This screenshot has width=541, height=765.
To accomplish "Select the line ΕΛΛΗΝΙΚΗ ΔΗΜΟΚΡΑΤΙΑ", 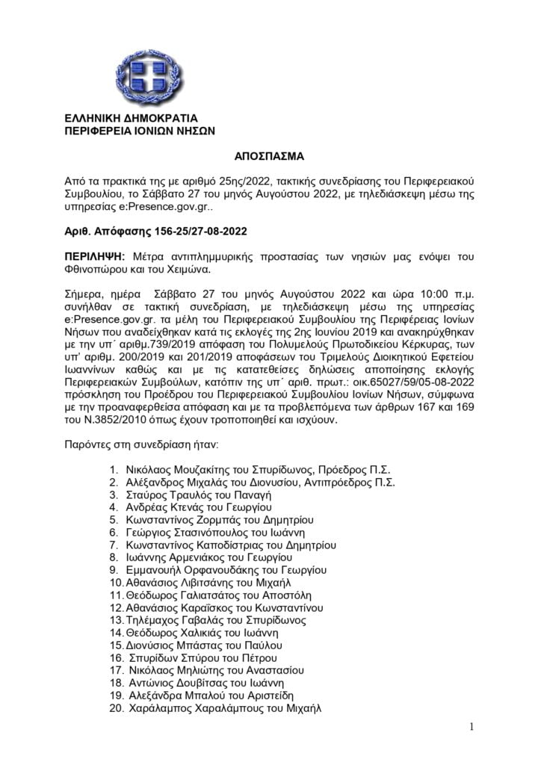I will coord(131,118).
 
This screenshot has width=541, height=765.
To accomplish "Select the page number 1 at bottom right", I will coord(472,726).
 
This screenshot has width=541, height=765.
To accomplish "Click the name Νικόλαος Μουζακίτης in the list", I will coord(178,470).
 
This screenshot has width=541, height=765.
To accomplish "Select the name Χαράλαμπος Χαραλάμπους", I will coord(192,707).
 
